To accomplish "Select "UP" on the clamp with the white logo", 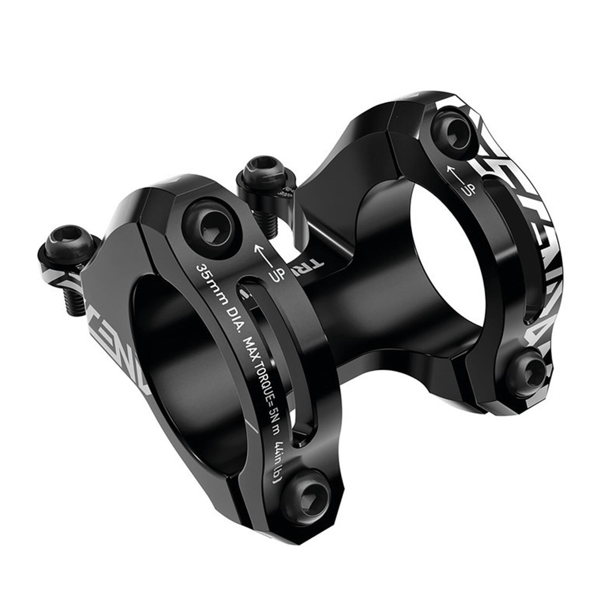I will click(469, 189).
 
